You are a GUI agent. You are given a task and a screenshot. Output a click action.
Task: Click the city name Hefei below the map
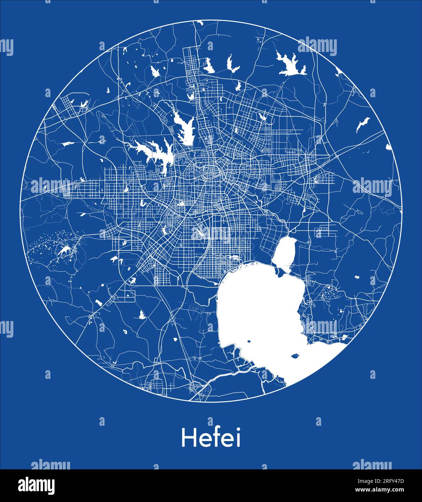coord(211,438)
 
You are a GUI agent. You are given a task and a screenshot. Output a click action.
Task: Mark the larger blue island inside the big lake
coord(295,355)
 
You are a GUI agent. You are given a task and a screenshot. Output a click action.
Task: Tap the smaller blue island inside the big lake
coord(249,341)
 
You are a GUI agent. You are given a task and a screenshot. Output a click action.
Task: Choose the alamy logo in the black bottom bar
coord(36,485)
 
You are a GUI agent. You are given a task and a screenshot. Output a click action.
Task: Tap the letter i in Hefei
coord(238,438)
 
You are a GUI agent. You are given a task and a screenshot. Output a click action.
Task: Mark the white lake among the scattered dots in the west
coord(64,250)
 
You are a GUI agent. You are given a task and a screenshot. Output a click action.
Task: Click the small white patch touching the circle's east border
coord(388,147)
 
